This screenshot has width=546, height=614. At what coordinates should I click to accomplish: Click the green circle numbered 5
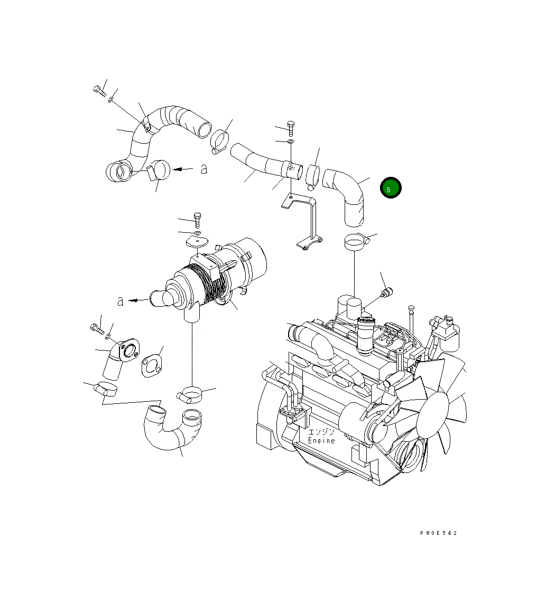[391, 188]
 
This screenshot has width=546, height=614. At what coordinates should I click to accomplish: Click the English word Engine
[321, 440]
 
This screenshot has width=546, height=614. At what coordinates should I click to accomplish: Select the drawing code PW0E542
[438, 533]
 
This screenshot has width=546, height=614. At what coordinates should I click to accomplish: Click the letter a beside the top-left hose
[204, 169]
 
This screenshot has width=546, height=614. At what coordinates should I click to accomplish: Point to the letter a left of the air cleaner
[121, 301]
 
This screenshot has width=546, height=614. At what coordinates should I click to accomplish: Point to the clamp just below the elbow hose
[356, 242]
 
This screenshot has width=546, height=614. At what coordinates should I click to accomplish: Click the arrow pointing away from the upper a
[183, 169]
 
